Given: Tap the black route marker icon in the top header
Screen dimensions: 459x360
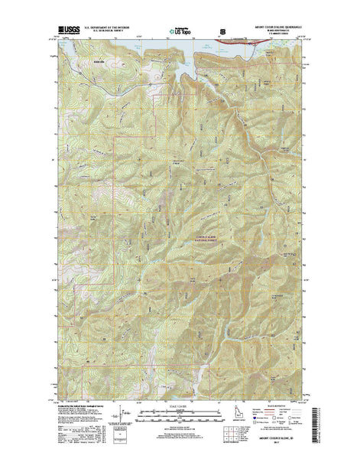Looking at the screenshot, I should [222, 31].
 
